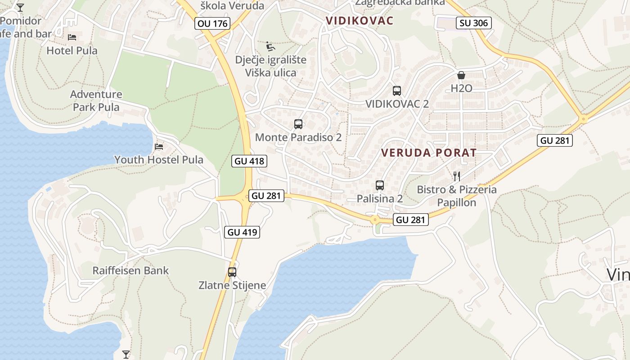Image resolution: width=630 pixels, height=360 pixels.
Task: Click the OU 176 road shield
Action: [213, 23]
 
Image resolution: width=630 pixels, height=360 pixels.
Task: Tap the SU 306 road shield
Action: [473, 22]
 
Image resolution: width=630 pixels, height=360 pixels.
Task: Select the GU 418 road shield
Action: [249, 161]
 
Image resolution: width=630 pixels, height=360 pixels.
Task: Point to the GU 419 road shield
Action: [242, 232]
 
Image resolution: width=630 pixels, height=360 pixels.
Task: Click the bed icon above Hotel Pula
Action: [72, 37]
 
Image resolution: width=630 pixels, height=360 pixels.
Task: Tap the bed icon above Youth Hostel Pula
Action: [158, 147]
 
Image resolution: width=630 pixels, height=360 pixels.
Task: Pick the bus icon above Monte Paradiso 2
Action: [298, 124]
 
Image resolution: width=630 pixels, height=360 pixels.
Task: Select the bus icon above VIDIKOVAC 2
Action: [396, 91]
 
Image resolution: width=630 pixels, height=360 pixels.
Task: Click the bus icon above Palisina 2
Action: [379, 185]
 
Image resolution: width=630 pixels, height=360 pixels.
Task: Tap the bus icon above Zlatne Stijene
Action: [232, 272]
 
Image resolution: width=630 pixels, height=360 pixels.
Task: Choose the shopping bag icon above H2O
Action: [461, 75]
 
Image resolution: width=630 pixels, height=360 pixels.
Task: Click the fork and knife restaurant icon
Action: [457, 176]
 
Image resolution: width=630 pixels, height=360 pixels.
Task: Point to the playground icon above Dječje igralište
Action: [270, 46]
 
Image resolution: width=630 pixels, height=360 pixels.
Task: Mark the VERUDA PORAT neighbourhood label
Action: [428, 153]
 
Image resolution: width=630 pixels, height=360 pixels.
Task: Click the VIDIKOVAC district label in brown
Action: [360, 21]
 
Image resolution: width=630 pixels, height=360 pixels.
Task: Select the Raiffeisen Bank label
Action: [130, 270]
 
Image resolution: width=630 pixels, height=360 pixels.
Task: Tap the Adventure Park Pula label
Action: [96, 100]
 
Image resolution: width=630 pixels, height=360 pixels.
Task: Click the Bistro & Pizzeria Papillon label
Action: [457, 196]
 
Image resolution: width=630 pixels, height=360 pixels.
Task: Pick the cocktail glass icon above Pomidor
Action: [20, 7]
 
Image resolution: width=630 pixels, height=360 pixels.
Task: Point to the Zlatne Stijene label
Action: [232, 285]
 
